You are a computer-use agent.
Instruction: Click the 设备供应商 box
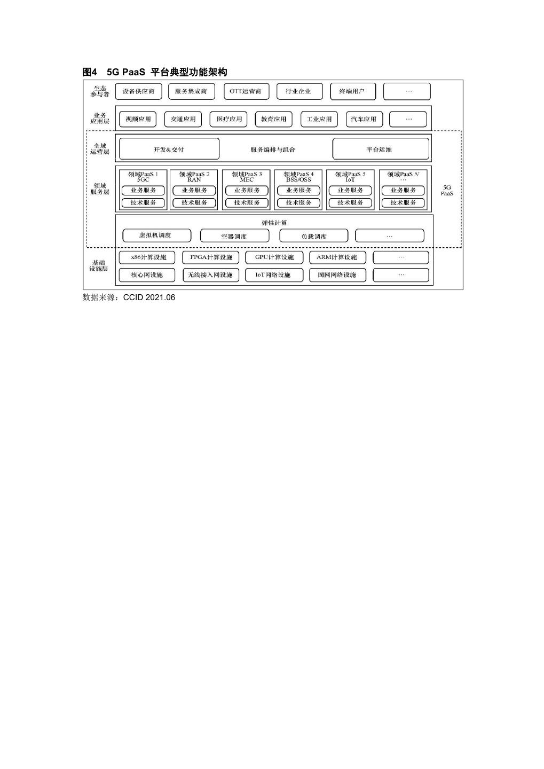[x=138, y=91]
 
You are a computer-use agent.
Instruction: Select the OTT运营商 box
[x=246, y=91]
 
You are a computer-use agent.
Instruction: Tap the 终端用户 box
[x=352, y=91]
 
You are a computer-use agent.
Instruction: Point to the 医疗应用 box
[x=229, y=119]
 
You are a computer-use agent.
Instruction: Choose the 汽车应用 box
[x=364, y=119]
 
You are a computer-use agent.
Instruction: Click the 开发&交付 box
[x=169, y=150]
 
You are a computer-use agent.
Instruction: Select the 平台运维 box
[x=380, y=150]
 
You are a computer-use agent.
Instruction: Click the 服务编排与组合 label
[x=273, y=150]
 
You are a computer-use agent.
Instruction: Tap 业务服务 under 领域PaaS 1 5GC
[x=143, y=191]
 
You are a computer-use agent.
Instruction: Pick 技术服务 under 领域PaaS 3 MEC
[x=247, y=203]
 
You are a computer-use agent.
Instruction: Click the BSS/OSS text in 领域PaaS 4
[x=298, y=180]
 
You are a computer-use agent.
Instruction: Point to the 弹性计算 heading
[x=274, y=223]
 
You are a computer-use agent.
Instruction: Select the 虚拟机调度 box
[x=156, y=236]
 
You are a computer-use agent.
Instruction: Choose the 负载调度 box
[x=313, y=236]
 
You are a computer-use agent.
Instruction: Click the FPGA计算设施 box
[x=211, y=257]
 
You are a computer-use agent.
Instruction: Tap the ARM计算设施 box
[x=336, y=257]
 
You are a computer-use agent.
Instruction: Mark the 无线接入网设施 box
[x=210, y=275]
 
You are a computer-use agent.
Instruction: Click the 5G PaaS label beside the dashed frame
[x=447, y=190]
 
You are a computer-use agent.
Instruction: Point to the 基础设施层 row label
[x=99, y=265]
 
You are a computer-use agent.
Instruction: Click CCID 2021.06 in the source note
[x=149, y=297]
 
